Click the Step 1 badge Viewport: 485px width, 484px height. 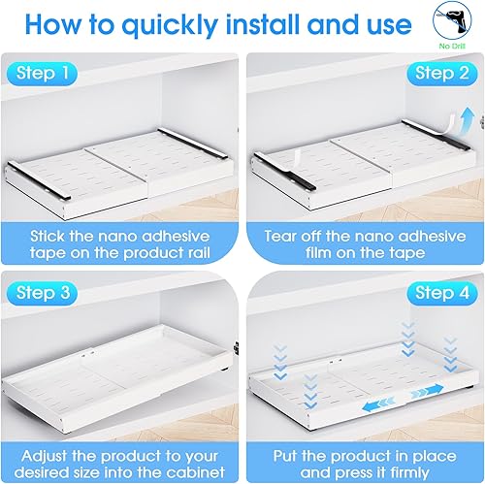click(42, 74)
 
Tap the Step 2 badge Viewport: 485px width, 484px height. click(442, 74)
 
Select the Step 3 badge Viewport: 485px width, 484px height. click(42, 293)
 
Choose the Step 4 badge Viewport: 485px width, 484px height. click(442, 293)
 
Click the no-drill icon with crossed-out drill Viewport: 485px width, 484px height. click(452, 21)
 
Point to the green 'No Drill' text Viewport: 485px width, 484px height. click(452, 47)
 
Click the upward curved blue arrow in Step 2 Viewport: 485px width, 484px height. click(468, 120)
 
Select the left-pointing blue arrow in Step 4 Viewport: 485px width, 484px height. click(378, 404)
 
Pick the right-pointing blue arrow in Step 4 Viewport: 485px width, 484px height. click(428, 391)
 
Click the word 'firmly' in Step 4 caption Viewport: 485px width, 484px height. click(409, 473)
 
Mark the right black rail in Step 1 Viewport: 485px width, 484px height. click(193, 144)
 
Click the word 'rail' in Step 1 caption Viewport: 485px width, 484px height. click(199, 253)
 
